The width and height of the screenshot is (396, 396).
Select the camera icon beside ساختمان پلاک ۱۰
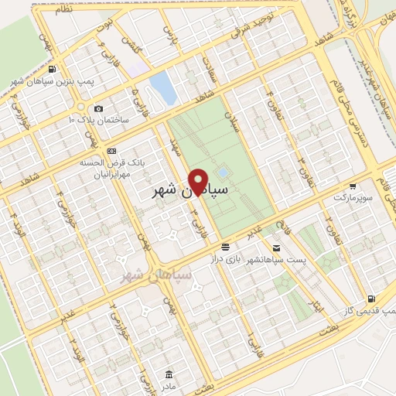click(x=97, y=109)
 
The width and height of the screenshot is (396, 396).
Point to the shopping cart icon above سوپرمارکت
click(x=353, y=186)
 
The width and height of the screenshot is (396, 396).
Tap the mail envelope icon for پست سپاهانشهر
click(x=224, y=247)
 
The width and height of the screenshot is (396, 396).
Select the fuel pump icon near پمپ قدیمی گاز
click(x=372, y=298)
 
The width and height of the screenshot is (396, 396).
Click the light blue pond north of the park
click(x=163, y=87)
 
